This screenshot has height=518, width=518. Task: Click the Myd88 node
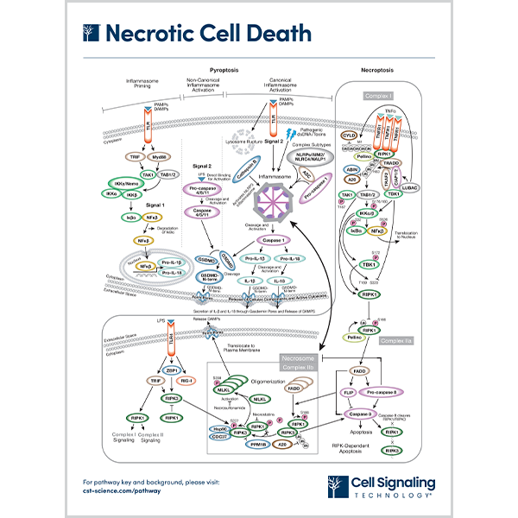pyautogui.click(x=135, y=156)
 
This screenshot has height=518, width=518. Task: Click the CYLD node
pyautogui.click(x=348, y=136)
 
